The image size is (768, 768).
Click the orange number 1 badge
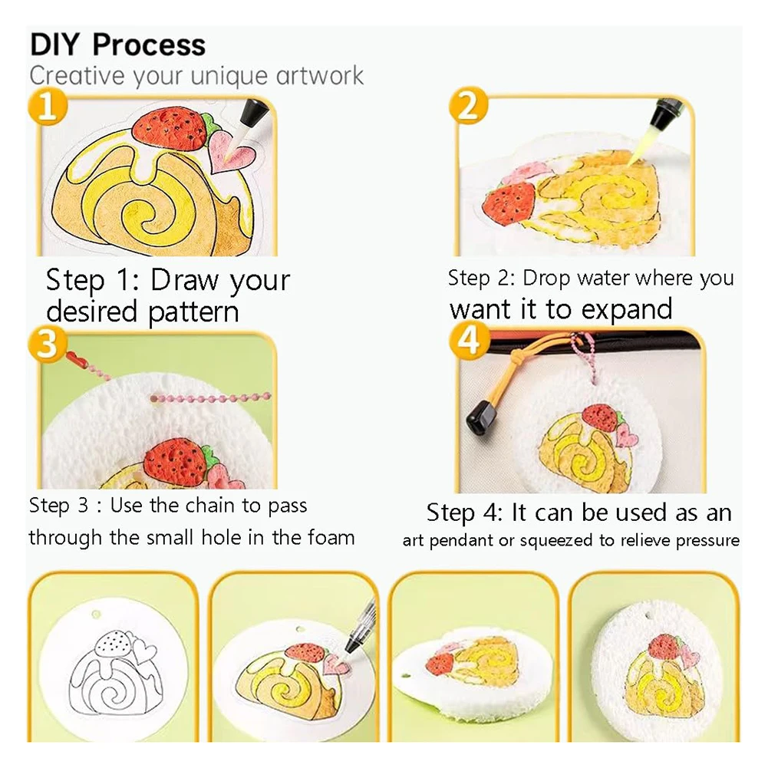pyautogui.click(x=47, y=106)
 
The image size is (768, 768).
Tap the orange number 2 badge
pyautogui.click(x=468, y=106)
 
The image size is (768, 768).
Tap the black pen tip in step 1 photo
pyautogui.click(x=249, y=117)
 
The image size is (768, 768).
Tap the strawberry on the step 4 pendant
pyautogui.click(x=600, y=417)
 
